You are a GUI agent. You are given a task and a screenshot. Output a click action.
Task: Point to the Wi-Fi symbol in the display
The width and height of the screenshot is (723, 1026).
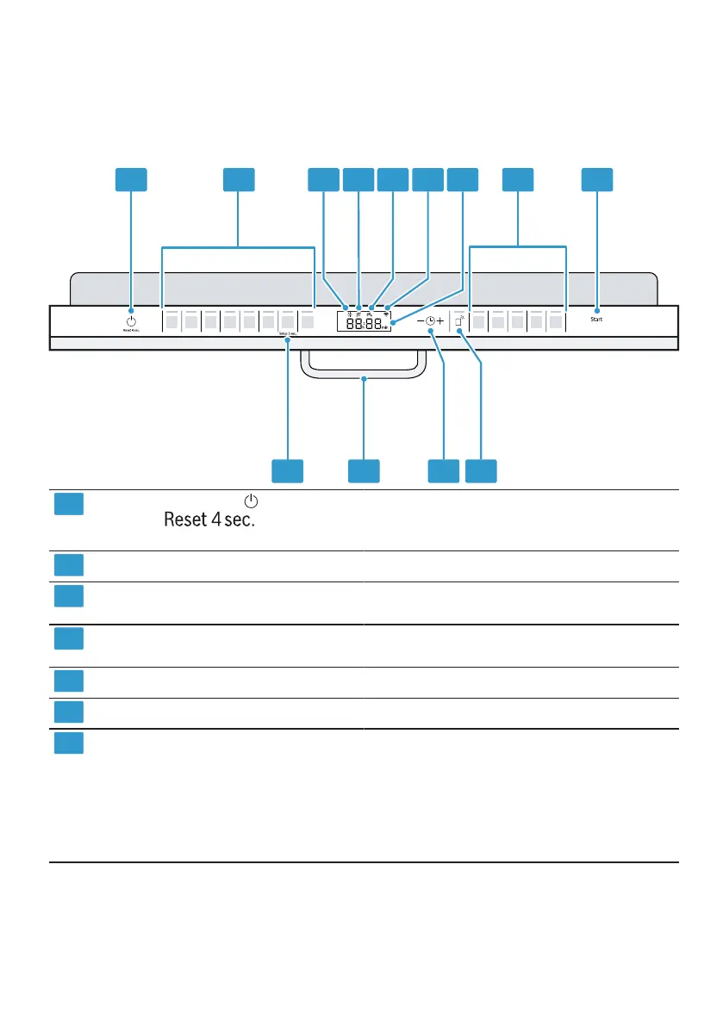387,308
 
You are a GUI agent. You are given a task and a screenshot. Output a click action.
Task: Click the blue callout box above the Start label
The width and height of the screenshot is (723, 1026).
597,179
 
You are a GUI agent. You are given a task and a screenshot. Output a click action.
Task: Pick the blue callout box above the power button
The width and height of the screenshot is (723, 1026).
131,179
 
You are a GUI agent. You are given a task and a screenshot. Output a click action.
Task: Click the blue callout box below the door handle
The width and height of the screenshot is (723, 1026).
365,470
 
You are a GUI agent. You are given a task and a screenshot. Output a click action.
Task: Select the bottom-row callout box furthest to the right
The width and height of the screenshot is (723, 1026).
482,470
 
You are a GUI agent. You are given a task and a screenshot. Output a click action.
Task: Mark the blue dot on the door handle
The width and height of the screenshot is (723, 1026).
365,377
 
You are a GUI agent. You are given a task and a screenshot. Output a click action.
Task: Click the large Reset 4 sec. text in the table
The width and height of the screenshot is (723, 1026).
211,521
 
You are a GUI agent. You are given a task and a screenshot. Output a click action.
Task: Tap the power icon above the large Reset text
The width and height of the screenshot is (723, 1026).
251,501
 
